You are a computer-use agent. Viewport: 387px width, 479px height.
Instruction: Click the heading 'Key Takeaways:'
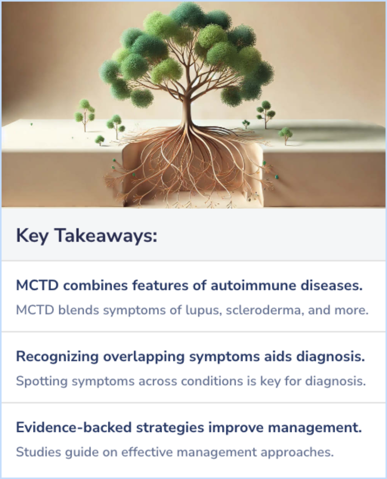[87, 236]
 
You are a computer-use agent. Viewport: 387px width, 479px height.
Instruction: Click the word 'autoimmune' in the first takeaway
[253, 286]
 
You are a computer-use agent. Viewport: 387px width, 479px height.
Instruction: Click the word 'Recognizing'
[57, 357]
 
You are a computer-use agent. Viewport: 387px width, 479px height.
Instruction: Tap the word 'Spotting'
[42, 381]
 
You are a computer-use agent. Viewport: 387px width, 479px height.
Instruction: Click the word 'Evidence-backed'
[74, 428]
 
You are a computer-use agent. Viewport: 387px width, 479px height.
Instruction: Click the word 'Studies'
[39, 452]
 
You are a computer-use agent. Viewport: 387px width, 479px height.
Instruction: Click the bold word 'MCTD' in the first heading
[37, 286]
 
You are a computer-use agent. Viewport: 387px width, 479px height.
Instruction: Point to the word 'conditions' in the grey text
[212, 381]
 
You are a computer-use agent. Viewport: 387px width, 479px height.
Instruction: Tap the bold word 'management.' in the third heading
[315, 428]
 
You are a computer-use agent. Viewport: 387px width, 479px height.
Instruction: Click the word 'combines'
[95, 286]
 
